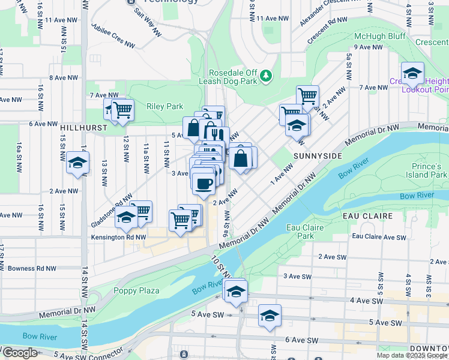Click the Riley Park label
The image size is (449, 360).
click(164, 107)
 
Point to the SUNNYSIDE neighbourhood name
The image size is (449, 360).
click(318, 155)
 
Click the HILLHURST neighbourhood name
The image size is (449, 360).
click(83, 128)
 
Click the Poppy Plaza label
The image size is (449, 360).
click(136, 291)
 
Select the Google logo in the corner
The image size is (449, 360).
click(20, 353)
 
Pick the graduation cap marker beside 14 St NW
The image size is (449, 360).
click(77, 163)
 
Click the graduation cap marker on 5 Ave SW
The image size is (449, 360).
click(270, 316)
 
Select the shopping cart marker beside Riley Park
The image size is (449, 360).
click(122, 110)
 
